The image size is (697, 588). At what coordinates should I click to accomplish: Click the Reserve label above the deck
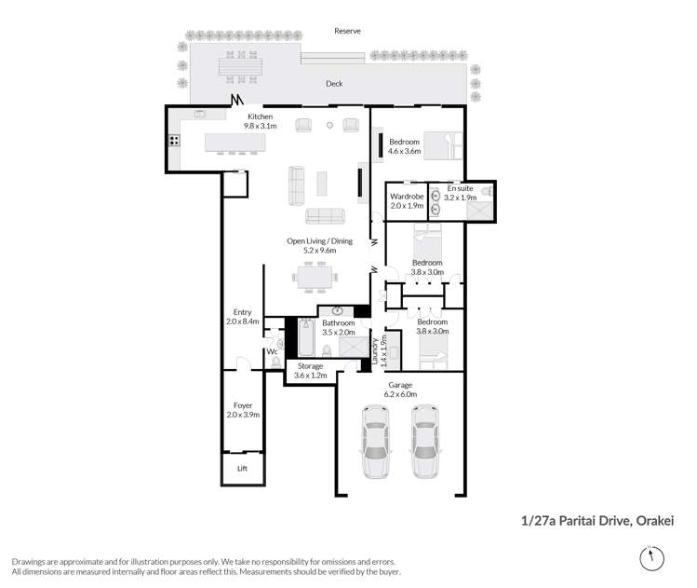(x=347, y=31)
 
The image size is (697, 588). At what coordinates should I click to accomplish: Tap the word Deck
(x=334, y=83)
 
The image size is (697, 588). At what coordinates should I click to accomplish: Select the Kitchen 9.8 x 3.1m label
(x=260, y=121)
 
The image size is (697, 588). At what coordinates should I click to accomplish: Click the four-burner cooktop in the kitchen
(x=174, y=141)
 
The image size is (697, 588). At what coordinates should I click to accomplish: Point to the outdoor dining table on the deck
(x=240, y=67)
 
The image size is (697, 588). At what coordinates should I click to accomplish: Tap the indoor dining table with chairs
(x=315, y=277)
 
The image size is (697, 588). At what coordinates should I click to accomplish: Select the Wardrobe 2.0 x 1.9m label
(x=407, y=200)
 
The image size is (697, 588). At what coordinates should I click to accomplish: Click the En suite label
(x=460, y=188)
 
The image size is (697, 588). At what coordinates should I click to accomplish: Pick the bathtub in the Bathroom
(x=306, y=337)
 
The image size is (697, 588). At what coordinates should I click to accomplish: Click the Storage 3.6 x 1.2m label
(x=310, y=370)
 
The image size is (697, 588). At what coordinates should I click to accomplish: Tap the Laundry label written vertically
(x=374, y=351)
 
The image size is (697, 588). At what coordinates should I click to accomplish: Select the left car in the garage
(x=376, y=441)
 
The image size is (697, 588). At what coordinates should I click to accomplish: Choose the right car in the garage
(x=424, y=441)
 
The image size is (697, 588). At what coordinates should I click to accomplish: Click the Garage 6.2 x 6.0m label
(x=400, y=390)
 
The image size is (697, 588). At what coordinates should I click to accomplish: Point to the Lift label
(x=242, y=469)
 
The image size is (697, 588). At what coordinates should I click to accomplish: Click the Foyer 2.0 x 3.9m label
(x=243, y=410)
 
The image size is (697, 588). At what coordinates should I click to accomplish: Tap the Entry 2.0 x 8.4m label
(x=242, y=317)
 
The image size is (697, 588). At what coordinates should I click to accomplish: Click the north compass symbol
(x=651, y=558)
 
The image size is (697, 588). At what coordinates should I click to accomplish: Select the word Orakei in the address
(x=655, y=520)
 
